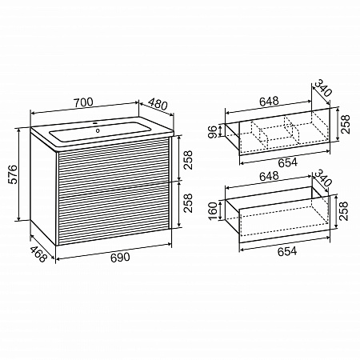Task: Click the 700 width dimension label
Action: [83, 102]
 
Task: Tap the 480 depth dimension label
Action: [158, 104]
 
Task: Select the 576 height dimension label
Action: [13, 174]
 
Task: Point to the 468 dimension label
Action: [38, 254]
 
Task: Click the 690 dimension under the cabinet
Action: [120, 258]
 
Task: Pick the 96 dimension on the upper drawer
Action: [213, 132]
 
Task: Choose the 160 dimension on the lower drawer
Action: [213, 211]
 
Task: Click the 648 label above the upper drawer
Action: [269, 101]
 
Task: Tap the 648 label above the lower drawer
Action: [269, 176]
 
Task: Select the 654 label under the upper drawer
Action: [287, 162]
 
